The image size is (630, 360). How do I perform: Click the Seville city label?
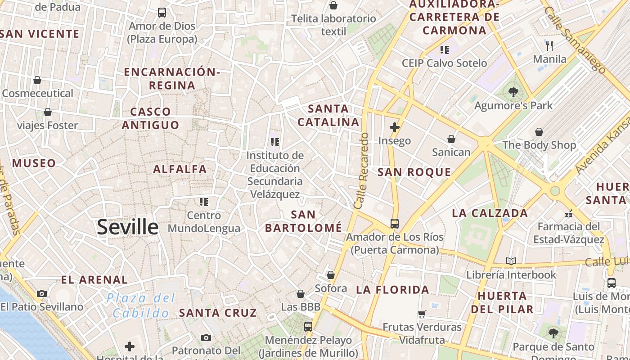[128, 227]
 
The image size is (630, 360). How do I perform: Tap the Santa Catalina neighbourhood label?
[328, 115]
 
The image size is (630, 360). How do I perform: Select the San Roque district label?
[414, 172]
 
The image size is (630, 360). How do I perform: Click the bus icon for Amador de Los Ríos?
[395, 223]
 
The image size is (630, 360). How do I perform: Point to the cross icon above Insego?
[395, 127]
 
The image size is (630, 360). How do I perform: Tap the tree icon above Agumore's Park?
[513, 93]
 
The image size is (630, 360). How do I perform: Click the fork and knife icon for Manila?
[549, 46]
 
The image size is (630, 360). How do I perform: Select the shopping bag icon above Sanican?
[451, 139]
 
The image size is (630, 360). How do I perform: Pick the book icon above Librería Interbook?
[511, 261]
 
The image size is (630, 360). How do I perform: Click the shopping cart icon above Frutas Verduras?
[422, 314]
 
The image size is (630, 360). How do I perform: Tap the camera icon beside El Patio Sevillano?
[42, 293]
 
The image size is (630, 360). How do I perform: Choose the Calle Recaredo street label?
[361, 171]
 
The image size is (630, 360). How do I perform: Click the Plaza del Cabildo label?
[141, 306]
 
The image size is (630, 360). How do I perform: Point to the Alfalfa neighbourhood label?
[180, 169]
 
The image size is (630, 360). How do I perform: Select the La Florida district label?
[392, 290]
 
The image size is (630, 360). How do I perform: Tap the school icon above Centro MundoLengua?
[204, 202]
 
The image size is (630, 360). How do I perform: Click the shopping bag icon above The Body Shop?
[539, 132]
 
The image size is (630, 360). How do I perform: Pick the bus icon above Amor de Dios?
[162, 13]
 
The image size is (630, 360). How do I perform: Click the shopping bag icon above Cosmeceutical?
[37, 80]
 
